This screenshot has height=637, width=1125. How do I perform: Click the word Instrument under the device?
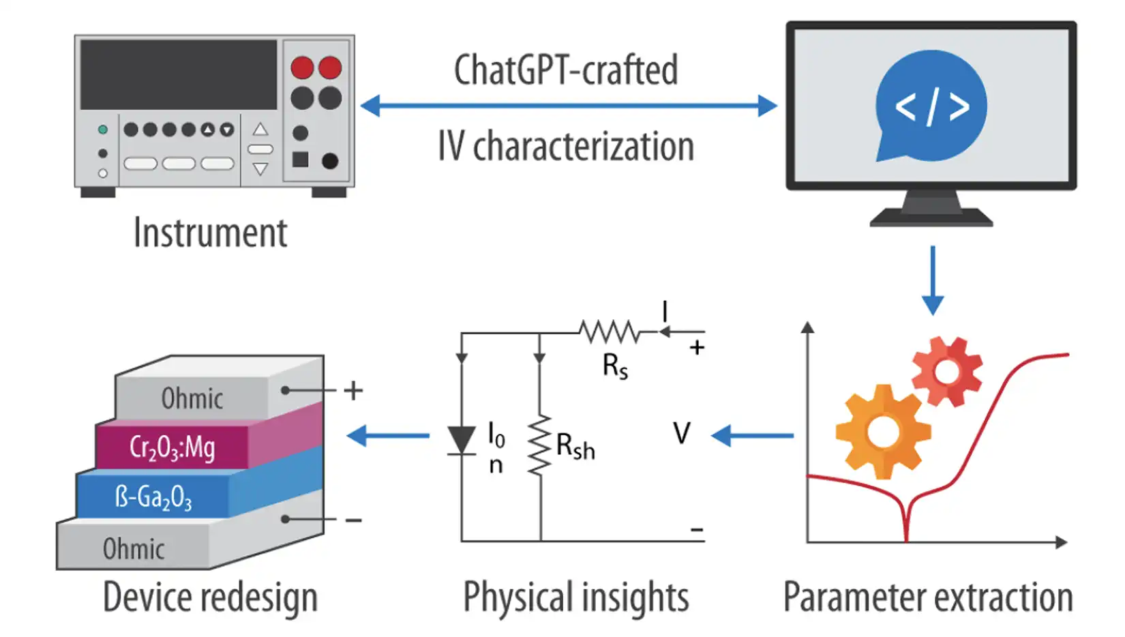pyautogui.click(x=210, y=233)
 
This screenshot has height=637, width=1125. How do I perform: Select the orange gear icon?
pyautogui.click(x=883, y=432)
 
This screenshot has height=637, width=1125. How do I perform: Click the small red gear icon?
pyautogui.click(x=946, y=372)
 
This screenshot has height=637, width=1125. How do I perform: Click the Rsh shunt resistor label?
pyautogui.click(x=575, y=447)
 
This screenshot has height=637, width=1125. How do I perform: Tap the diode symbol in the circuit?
pyautogui.click(x=462, y=440)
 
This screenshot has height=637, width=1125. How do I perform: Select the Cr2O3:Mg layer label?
pyautogui.click(x=172, y=447)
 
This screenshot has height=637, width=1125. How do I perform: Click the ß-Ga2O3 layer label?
pyautogui.click(x=153, y=497)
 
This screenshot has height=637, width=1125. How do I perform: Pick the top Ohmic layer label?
pyautogui.click(x=192, y=398)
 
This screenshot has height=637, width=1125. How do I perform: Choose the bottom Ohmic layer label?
pyautogui.click(x=134, y=549)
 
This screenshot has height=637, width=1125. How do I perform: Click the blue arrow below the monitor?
pyautogui.click(x=932, y=280)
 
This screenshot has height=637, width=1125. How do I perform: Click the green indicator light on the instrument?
pyautogui.click(x=103, y=130)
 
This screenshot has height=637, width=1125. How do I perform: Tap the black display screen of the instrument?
pyautogui.click(x=179, y=74)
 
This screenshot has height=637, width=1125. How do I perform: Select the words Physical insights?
pyautogui.click(x=576, y=597)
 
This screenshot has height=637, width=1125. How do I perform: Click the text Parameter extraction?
pyautogui.click(x=928, y=597)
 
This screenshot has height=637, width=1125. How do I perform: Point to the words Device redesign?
pyautogui.click(x=210, y=597)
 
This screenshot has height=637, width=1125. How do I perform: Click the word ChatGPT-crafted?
pyautogui.click(x=566, y=70)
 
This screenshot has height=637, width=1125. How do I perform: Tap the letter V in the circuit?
pyautogui.click(x=681, y=433)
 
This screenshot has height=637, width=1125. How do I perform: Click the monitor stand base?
pyautogui.click(x=931, y=218)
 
